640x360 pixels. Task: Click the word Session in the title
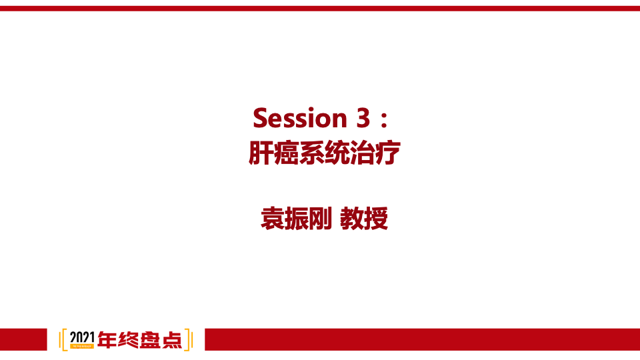pos(297,118)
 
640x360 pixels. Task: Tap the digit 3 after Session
pos(358,118)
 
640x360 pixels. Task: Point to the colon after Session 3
pos(383,119)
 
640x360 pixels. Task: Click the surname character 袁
pos(273,218)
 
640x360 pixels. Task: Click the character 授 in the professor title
pos(377,218)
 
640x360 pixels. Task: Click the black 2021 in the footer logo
pos(82,337)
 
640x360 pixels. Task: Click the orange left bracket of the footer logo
pos(63,340)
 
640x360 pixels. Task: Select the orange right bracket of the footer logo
pos(189,340)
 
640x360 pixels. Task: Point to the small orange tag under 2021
pos(82,347)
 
